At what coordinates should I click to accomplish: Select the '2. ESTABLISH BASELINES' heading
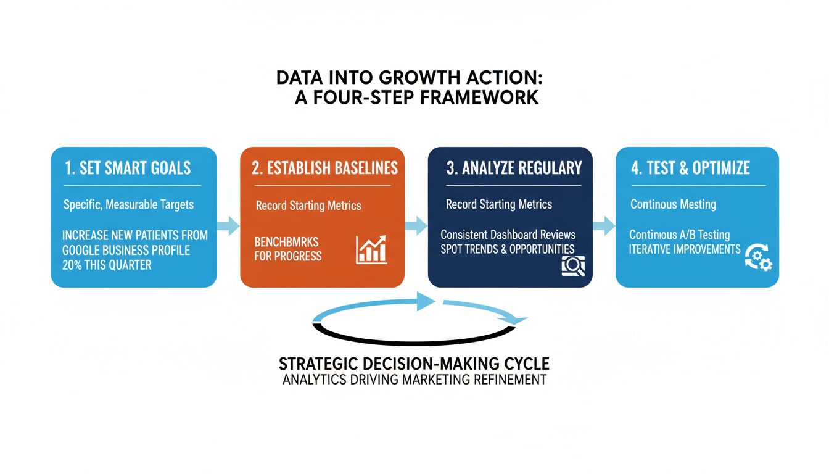point(324,168)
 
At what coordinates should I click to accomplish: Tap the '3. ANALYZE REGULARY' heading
point(513,168)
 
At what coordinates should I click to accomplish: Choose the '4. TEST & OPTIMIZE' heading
point(690,168)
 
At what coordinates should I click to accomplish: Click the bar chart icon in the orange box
point(371,250)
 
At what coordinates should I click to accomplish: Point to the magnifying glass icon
point(573,265)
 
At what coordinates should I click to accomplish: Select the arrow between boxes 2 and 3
point(416,225)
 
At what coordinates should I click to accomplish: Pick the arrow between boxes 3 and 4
point(604,225)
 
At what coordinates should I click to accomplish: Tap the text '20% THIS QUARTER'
point(107,265)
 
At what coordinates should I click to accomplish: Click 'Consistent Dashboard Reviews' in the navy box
point(508,235)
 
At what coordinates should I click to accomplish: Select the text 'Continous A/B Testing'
point(679,235)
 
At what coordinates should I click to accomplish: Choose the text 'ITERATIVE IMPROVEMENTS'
point(685,249)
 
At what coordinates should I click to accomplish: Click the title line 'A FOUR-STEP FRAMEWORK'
point(416,98)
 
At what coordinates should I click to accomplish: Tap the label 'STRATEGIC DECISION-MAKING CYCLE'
point(414,363)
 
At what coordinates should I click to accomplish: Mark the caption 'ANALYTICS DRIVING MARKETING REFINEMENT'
point(414,380)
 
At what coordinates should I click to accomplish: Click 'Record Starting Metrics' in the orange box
point(308,206)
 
